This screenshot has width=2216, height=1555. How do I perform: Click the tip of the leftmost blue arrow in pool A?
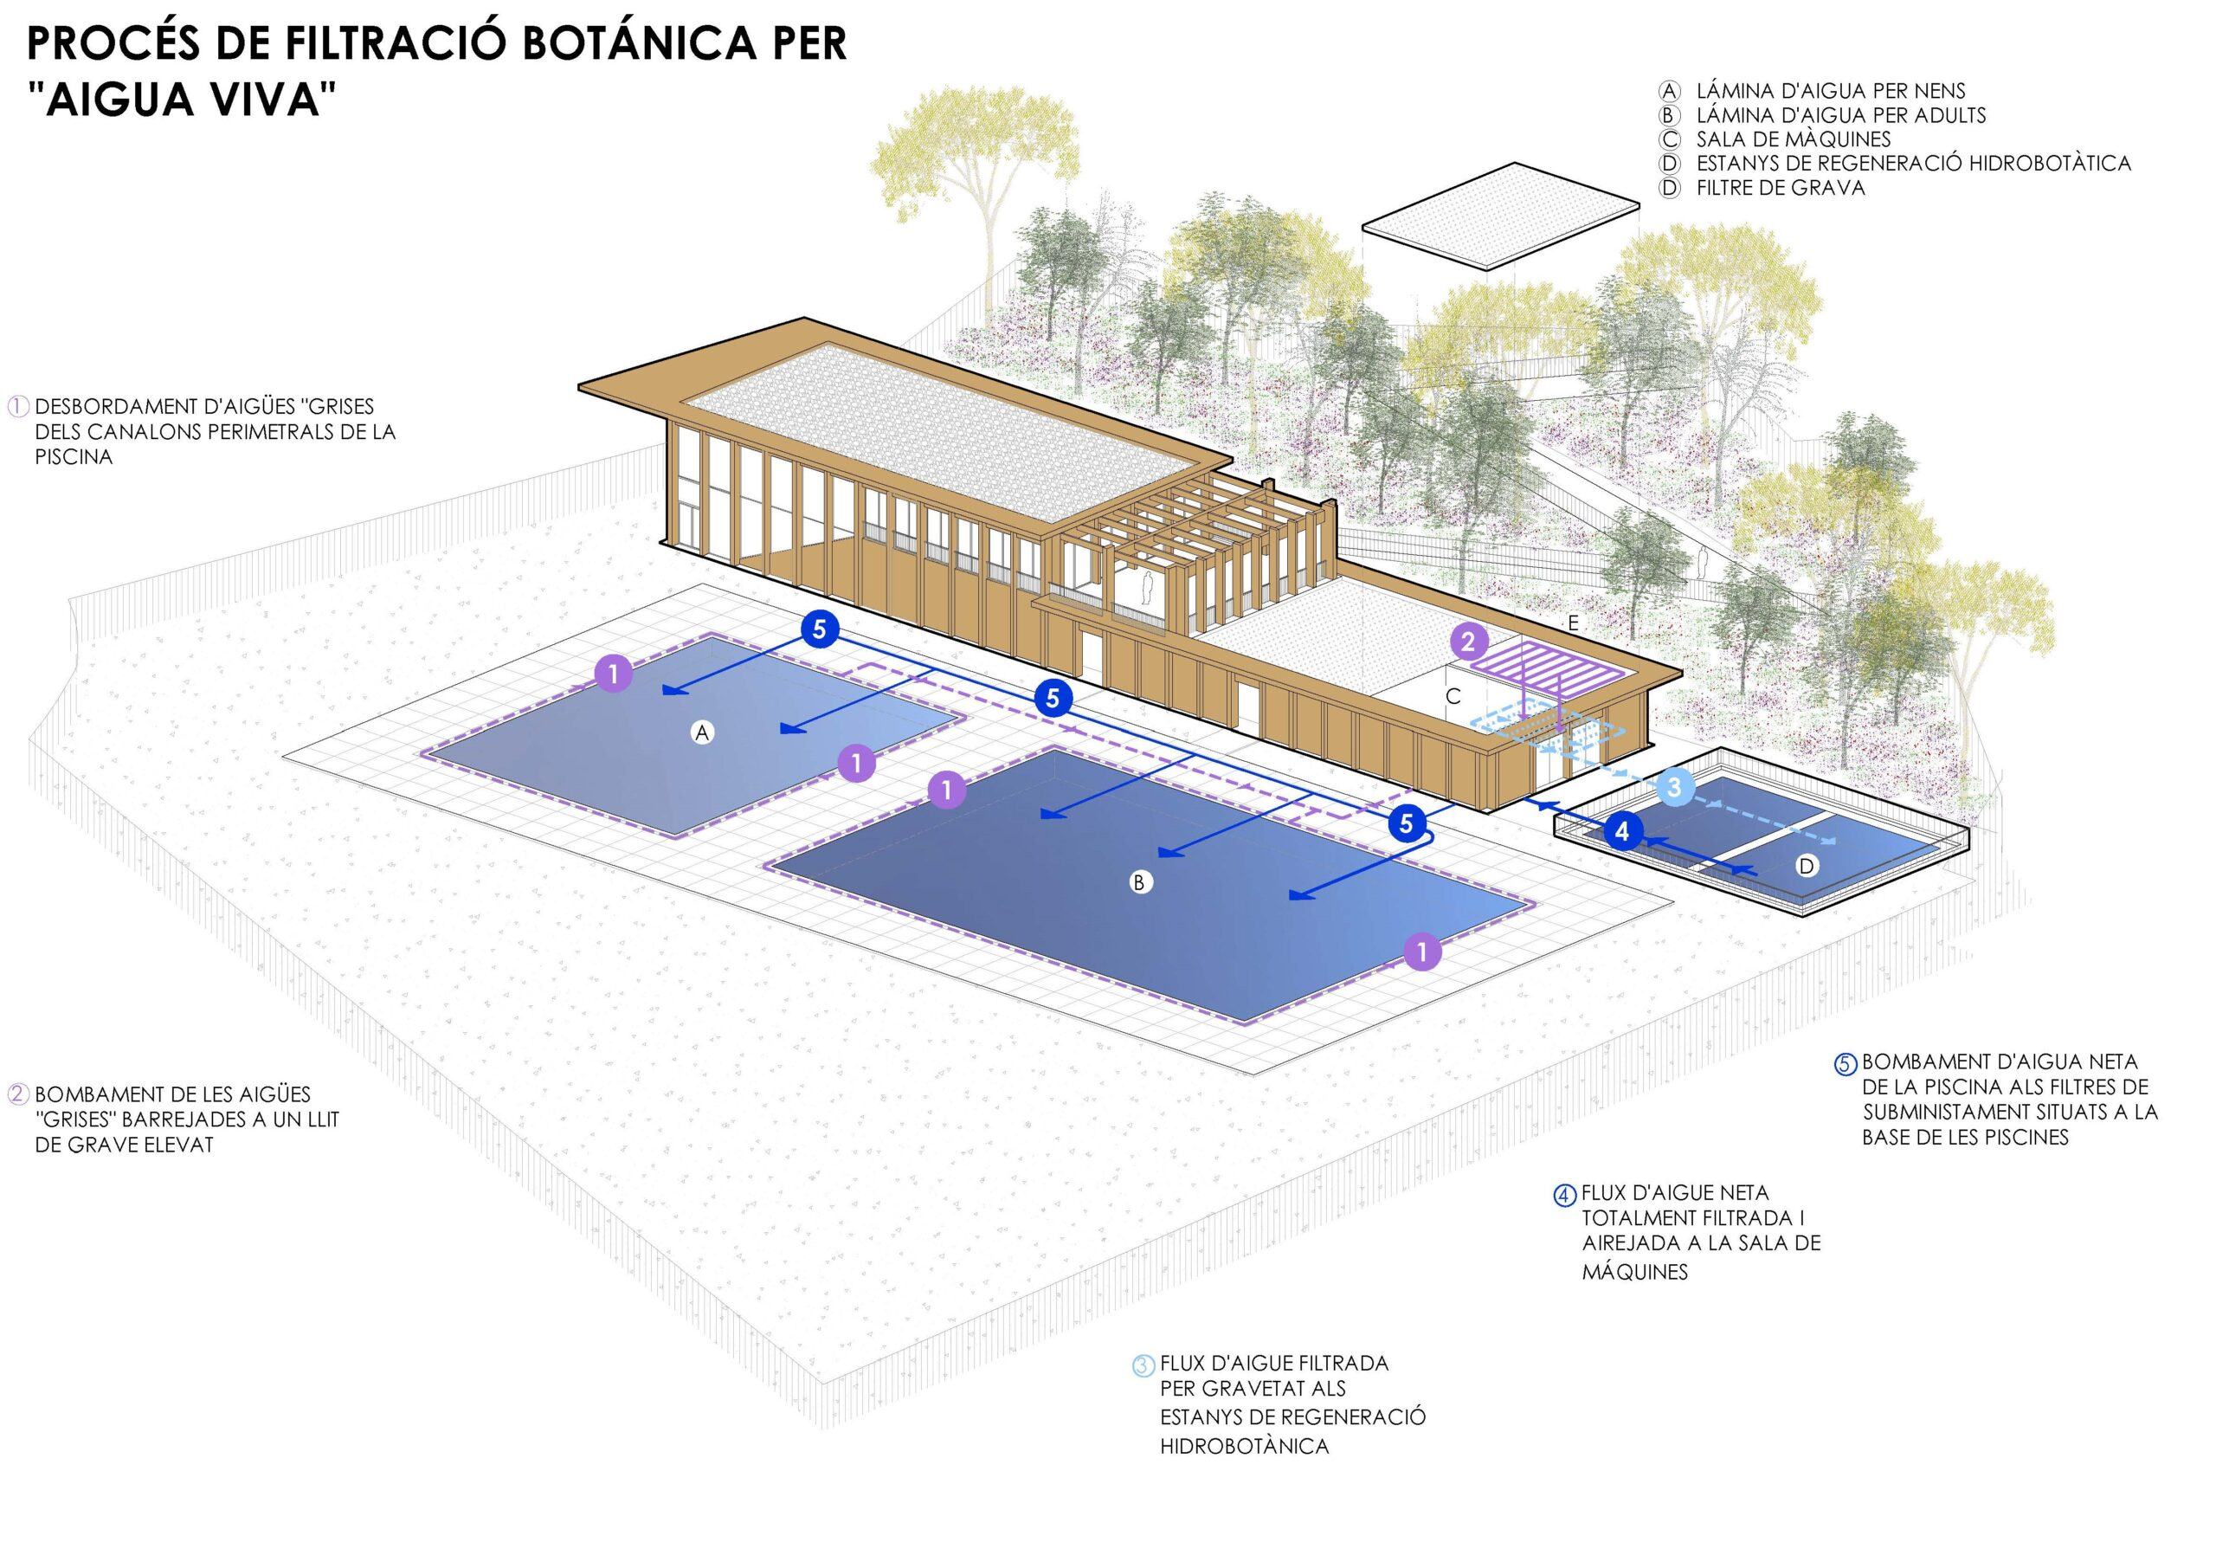pos(663,692)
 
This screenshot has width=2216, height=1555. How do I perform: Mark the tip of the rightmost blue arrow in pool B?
pos(1292,898)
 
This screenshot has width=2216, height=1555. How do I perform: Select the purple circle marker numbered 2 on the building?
pos(1468,641)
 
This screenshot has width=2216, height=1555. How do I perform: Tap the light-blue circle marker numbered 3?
pos(1674,787)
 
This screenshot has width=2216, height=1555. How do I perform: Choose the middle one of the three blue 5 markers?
pos(1053,698)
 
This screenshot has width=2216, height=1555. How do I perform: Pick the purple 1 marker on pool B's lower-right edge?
pos(1421,952)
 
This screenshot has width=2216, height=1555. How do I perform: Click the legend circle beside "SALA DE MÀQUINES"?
pos(1670,139)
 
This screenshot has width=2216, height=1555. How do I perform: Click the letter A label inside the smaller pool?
pos(702,732)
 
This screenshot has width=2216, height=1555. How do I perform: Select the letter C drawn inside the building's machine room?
pos(1453,696)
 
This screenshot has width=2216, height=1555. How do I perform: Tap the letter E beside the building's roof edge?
pos(1573,623)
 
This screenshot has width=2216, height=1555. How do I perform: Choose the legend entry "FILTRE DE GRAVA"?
pos(1781,187)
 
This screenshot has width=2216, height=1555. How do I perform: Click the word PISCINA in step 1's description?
pos(74,456)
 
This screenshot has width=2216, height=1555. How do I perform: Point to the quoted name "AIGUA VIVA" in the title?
pos(182,99)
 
